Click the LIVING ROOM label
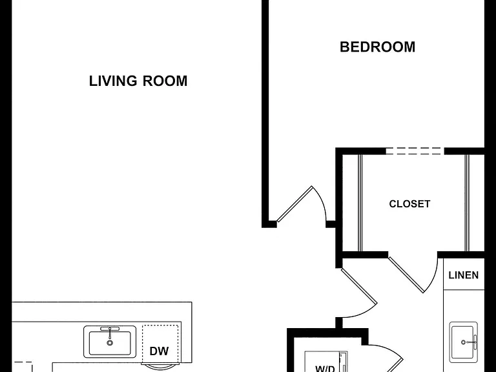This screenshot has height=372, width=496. [x=138, y=81]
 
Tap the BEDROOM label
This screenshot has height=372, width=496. [x=377, y=46]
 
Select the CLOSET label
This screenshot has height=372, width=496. [x=409, y=203]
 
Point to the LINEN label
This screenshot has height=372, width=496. [x=464, y=275]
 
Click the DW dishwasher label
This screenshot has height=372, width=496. [x=159, y=351]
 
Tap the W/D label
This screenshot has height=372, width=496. [x=325, y=369]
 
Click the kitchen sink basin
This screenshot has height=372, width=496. [x=110, y=343]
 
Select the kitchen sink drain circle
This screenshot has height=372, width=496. [x=110, y=342]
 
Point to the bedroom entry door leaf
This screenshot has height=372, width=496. [x=294, y=203]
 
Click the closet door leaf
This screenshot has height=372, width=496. [x=406, y=274]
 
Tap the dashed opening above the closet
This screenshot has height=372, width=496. [x=415, y=151]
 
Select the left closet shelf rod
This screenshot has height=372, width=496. [x=360, y=203]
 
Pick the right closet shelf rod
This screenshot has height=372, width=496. [x=467, y=203]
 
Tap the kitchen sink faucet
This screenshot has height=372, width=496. [x=110, y=331]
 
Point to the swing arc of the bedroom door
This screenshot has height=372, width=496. [x=320, y=201]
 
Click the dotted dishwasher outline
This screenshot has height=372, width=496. [x=160, y=344]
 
